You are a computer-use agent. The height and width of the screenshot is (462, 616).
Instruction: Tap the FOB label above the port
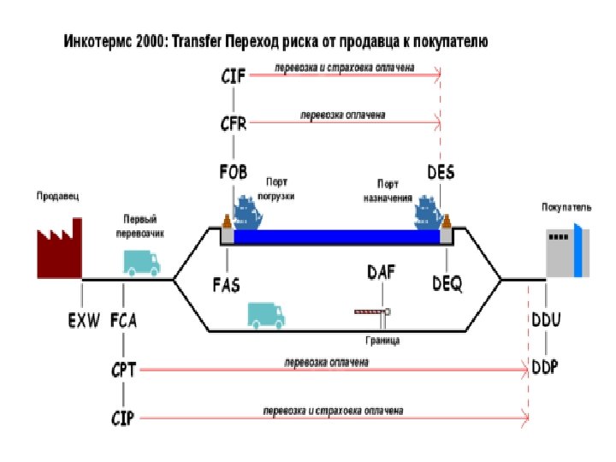(x=233, y=172)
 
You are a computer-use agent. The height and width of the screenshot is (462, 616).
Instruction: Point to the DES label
(x=441, y=172)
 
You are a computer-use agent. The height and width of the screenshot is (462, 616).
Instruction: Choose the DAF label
(x=381, y=272)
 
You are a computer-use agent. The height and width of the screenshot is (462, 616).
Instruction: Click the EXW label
(x=84, y=321)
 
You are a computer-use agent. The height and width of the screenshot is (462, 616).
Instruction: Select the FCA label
(x=123, y=321)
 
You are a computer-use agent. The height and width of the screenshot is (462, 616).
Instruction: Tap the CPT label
(x=123, y=370)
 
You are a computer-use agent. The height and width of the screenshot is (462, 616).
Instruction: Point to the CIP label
(x=123, y=418)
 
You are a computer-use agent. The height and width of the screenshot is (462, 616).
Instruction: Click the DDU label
(x=545, y=321)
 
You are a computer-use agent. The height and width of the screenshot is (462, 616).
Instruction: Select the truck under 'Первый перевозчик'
(x=141, y=263)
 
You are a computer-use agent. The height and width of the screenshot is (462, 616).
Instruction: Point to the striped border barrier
(x=370, y=311)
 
